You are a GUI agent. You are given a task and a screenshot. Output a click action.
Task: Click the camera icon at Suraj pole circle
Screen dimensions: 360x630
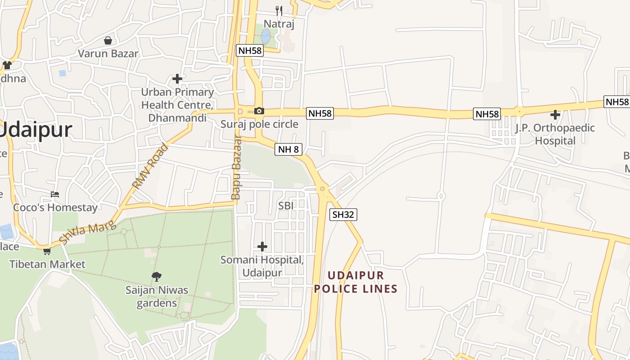pyautogui.click(x=259, y=111)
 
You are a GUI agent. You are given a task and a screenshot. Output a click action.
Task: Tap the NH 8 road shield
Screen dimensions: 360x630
pyautogui.click(x=288, y=149)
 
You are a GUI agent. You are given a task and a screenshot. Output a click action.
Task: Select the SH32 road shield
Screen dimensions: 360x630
pyautogui.click(x=343, y=215)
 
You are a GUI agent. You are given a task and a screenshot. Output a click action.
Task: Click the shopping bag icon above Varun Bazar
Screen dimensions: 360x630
pyautogui.click(x=108, y=40)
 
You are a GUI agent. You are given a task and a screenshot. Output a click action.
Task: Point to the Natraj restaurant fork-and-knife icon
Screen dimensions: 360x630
pyautogui.click(x=279, y=10)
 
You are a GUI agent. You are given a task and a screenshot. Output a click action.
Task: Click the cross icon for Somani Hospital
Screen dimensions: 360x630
pyautogui.click(x=262, y=246)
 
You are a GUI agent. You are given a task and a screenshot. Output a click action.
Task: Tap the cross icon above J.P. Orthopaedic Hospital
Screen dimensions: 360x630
pyautogui.click(x=555, y=114)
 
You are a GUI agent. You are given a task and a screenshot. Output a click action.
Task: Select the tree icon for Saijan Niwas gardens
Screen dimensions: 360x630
pyautogui.click(x=157, y=276)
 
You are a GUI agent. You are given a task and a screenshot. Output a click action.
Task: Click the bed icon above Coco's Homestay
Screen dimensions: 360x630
pyautogui.click(x=55, y=194)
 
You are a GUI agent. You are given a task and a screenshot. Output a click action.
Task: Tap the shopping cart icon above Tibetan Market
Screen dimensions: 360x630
pyautogui.click(x=47, y=251)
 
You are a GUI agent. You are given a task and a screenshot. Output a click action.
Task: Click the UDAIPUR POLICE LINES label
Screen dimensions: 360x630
pyautogui.click(x=355, y=282)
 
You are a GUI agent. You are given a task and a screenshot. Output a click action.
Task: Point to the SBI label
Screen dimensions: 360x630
pyautogui.click(x=286, y=206)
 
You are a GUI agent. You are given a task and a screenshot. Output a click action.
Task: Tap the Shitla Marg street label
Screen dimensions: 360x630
pyautogui.click(x=87, y=234)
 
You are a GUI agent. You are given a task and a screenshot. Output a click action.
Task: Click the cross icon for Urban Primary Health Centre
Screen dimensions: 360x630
pyautogui.click(x=177, y=79)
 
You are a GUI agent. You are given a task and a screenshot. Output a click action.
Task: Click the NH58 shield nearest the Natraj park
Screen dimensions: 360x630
pyautogui.click(x=249, y=50)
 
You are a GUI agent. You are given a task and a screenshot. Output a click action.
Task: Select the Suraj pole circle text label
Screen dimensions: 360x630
pyautogui.click(x=259, y=124)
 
